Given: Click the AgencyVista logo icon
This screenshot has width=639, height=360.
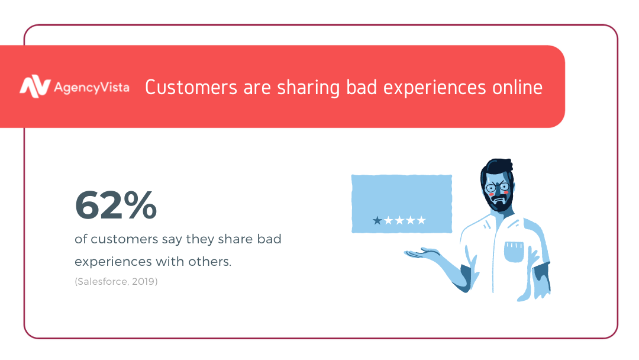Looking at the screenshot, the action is click(35, 86).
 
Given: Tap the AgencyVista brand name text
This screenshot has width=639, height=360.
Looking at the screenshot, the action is click(92, 88).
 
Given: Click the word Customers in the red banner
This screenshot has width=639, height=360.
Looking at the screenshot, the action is click(191, 87).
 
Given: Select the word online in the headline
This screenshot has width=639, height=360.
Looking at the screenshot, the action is click(517, 87).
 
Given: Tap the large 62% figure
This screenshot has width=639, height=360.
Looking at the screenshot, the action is click(116, 205).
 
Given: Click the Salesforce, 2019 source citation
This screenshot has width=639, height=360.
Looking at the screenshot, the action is click(116, 281).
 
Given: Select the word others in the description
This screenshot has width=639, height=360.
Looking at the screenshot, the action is click(210, 261).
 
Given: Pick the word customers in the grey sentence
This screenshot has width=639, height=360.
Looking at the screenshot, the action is click(124, 239).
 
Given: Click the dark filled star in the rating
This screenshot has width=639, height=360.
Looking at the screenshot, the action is click(377, 221).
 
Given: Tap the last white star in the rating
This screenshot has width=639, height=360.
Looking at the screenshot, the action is click(421, 221).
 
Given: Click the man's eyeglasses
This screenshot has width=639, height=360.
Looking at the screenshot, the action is click(497, 188).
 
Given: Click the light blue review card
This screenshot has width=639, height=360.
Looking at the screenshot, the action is click(402, 204).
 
